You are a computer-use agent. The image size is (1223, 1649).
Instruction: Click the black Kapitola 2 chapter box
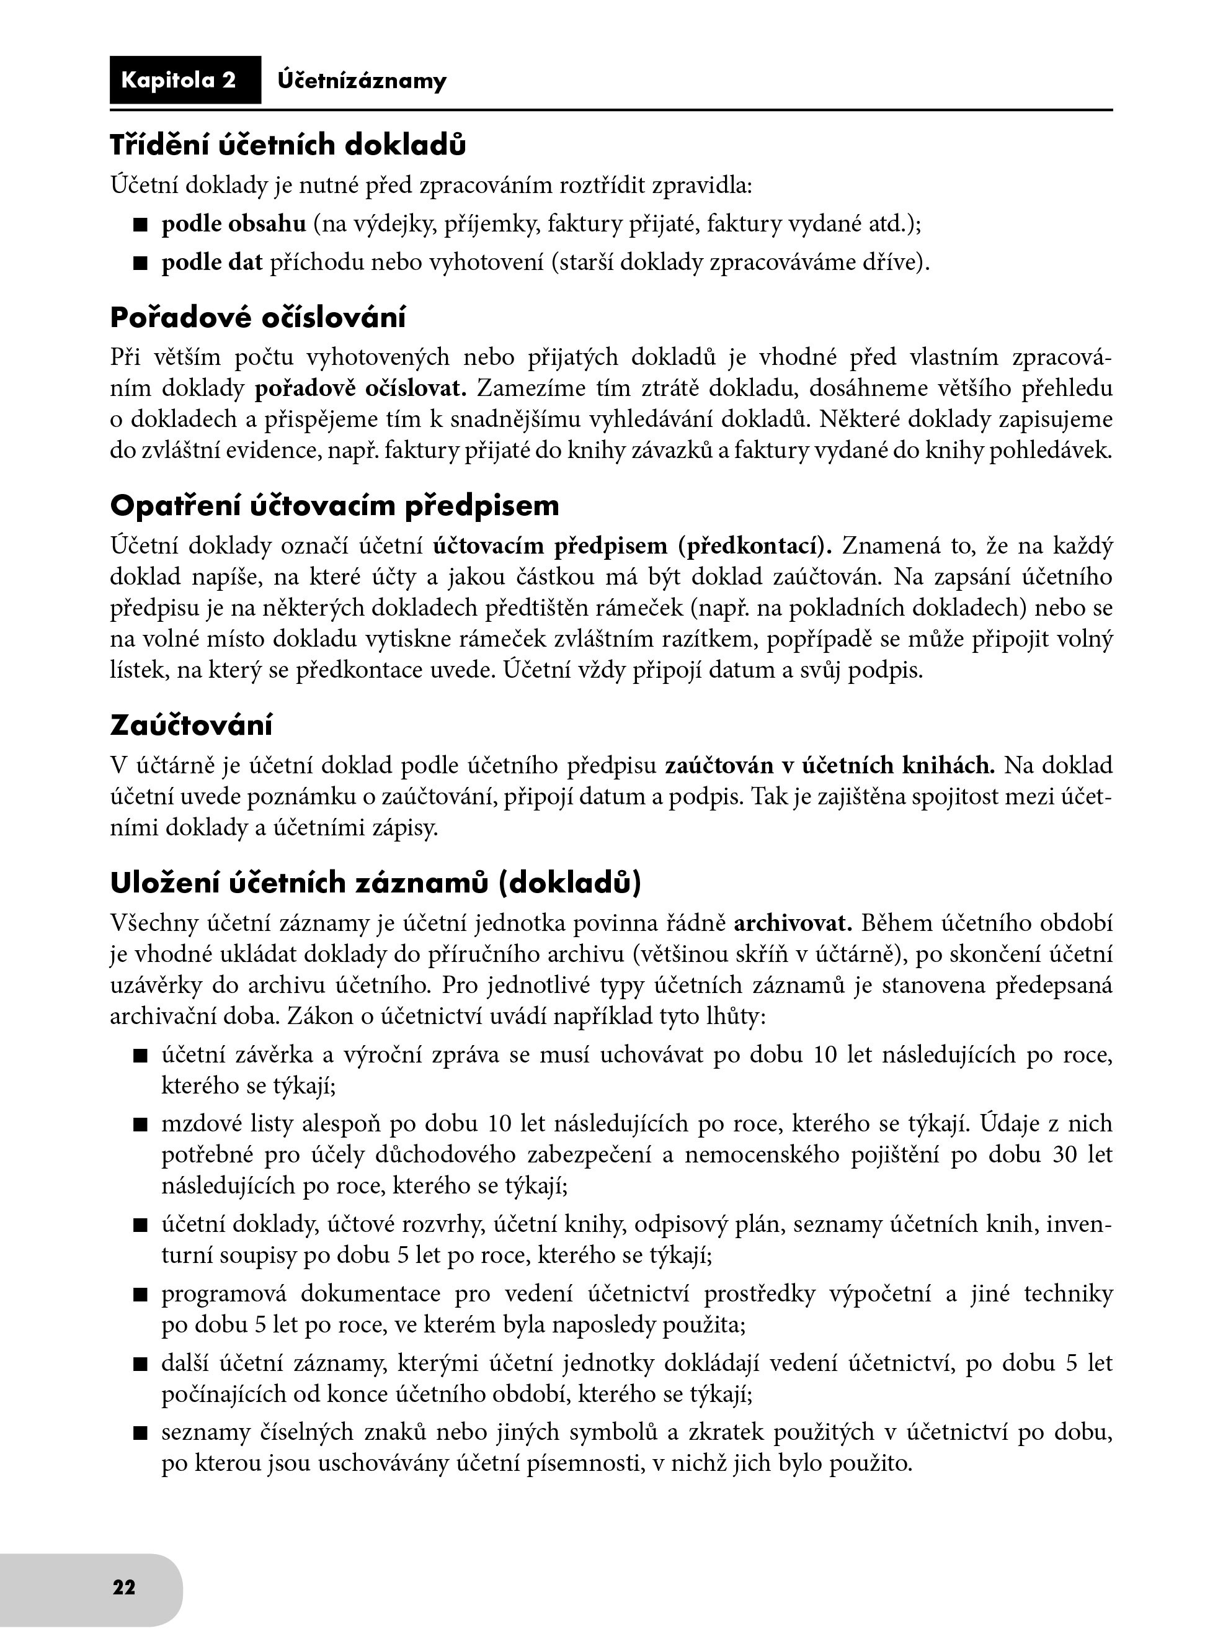[x=185, y=80]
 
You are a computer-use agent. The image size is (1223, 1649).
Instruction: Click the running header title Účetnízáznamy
[x=362, y=81]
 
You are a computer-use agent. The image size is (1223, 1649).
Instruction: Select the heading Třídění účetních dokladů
[x=288, y=145]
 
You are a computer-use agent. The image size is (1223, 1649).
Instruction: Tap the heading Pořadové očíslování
[x=257, y=318]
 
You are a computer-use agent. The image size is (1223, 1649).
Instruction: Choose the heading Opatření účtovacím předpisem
[x=335, y=506]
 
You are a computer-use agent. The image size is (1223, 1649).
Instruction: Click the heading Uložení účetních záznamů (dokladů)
[x=375, y=883]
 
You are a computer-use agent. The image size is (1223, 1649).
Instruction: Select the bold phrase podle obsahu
[x=233, y=223]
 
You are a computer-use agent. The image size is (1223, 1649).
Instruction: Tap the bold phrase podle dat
[x=211, y=263]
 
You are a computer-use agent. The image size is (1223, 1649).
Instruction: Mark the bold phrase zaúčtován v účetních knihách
[x=830, y=765]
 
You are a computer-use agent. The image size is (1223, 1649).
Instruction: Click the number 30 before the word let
[x=1065, y=1154]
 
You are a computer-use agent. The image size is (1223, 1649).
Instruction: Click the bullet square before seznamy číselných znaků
[x=141, y=1434]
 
